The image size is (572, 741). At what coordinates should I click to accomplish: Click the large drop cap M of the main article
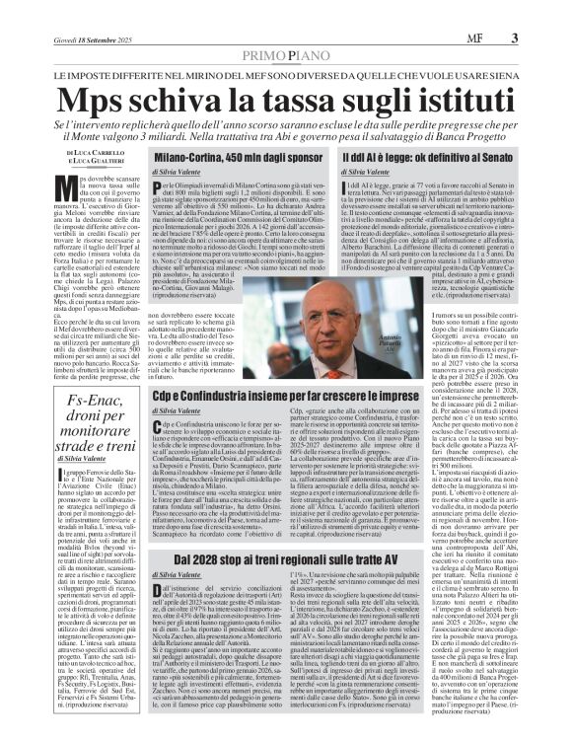coord(65,191)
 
